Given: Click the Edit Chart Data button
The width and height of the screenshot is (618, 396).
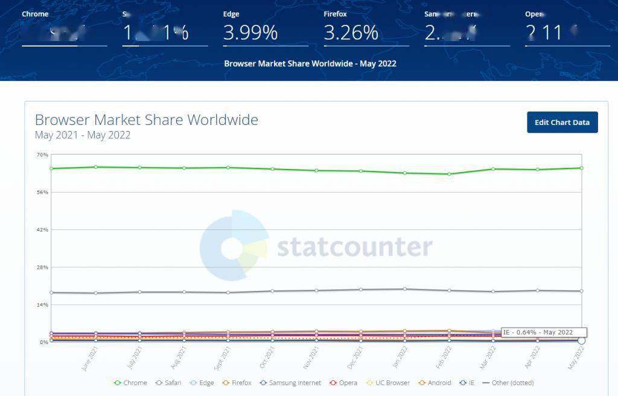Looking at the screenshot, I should pyautogui.click(x=562, y=123).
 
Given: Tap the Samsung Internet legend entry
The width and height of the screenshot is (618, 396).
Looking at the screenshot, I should pyautogui.click(x=290, y=383).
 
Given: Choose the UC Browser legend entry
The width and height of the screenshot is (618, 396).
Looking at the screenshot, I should pyautogui.click(x=388, y=383).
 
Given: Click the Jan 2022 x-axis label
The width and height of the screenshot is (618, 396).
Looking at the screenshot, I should pyautogui.click(x=400, y=358).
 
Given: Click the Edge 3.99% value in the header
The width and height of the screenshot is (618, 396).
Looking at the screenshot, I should pyautogui.click(x=250, y=33).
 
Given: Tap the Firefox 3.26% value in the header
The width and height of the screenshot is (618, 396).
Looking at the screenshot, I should pyautogui.click(x=351, y=33).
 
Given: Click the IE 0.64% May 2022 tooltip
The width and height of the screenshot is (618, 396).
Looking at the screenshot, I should pyautogui.click(x=543, y=332).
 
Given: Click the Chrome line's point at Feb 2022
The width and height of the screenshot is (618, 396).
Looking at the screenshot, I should pyautogui.click(x=449, y=174).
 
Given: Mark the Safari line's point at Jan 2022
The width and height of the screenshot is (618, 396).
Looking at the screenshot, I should pyautogui.click(x=405, y=289).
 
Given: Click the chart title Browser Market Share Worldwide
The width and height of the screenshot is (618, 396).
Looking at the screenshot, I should pyautogui.click(x=147, y=120).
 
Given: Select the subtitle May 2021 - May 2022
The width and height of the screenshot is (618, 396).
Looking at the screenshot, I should pyautogui.click(x=83, y=135).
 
